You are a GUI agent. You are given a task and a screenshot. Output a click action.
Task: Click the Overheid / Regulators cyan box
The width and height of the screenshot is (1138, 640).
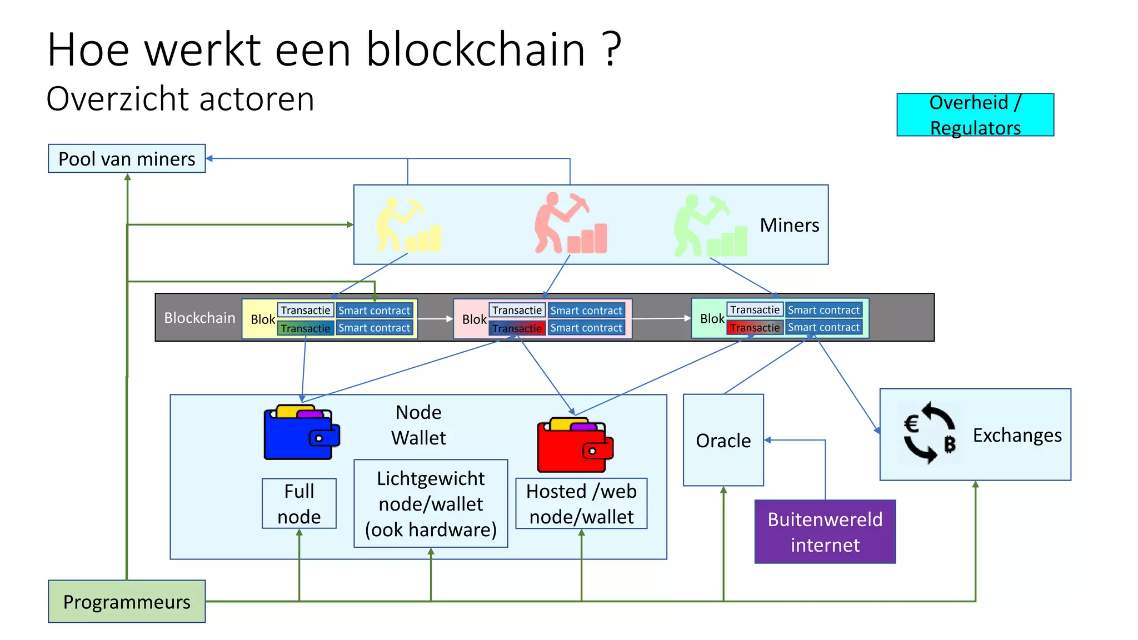coord(975,115)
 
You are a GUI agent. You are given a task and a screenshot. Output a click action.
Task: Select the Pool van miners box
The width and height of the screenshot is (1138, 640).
coord(127,159)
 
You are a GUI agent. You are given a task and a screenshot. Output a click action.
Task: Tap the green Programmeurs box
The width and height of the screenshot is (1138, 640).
coord(127,602)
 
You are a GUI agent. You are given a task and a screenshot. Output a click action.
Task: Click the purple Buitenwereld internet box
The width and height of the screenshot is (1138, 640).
coord(825,532)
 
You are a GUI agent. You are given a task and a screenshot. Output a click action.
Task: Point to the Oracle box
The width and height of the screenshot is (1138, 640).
coord(723,441)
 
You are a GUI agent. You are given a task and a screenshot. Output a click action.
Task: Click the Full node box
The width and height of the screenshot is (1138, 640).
coord(299,504)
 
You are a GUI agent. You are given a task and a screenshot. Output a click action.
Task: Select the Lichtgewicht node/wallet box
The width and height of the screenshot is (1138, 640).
coord(431,504)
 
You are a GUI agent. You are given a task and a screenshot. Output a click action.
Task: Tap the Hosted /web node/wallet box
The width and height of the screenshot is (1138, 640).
coord(581,504)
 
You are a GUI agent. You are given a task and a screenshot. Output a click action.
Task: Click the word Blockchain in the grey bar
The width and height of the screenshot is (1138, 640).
coord(199,318)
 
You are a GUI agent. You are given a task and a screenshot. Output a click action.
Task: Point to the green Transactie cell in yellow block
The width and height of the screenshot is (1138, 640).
coord(305,328)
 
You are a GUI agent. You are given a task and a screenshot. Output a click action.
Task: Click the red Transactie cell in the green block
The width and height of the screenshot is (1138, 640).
coord(755,328)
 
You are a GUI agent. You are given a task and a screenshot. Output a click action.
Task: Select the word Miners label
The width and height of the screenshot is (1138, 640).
coord(789,225)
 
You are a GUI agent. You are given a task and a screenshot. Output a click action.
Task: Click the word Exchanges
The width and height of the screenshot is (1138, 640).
coord(1017,436)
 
